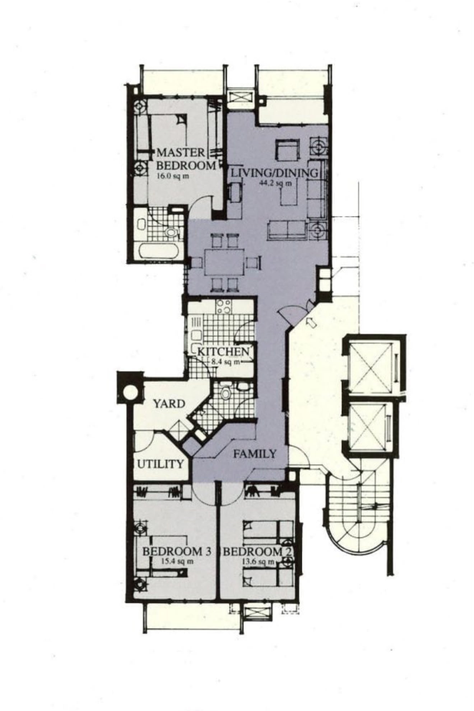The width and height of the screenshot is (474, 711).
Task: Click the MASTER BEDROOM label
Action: pos(186,159)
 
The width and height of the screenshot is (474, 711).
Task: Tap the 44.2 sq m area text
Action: pos(276,183)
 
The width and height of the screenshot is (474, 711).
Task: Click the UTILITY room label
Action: pos(161,464)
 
